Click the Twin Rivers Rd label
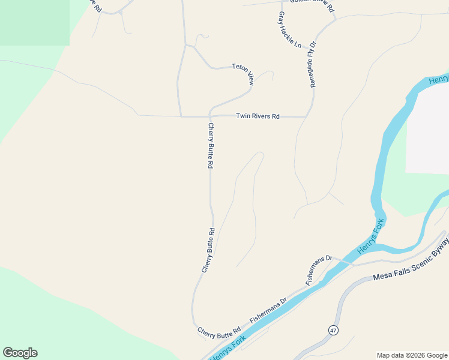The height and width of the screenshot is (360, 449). coord(258,116)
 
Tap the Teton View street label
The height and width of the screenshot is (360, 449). coord(243,74)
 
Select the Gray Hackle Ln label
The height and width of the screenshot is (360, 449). coord(289,29)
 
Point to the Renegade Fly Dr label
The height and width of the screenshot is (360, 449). coord(313,65)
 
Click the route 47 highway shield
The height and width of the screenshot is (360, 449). coord(333,330)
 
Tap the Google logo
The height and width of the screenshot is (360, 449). coord(20,353)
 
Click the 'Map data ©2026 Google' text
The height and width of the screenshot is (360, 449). coord(412,355)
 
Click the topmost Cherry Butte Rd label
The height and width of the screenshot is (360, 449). coord(211,145)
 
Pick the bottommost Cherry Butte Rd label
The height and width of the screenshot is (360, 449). coord(218,331)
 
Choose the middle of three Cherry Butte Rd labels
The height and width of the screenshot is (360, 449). coord(208,251)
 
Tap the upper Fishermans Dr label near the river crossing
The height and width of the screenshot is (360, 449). coord(318,269)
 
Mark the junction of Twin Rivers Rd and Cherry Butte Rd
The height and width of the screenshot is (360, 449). coord(210,116)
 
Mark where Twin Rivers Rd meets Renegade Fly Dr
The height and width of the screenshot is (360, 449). coord(306,116)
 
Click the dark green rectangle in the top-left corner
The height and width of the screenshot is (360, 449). coord(34,22)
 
